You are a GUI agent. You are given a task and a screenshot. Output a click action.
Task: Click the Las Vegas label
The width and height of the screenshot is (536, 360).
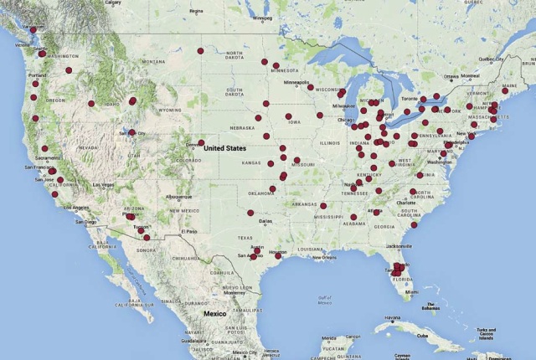click(x=106, y=185)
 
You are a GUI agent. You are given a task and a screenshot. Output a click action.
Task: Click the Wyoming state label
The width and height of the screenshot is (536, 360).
click(x=170, y=110)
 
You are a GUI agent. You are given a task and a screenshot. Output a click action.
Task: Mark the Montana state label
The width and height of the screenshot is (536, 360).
click(x=153, y=62)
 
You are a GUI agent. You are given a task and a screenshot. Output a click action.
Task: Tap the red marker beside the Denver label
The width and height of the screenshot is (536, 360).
click(x=201, y=142)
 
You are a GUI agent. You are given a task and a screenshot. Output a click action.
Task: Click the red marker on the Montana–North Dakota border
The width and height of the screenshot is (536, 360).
click(x=201, y=51)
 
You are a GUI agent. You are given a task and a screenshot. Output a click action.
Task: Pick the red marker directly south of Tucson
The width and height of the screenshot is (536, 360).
click(x=147, y=238)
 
